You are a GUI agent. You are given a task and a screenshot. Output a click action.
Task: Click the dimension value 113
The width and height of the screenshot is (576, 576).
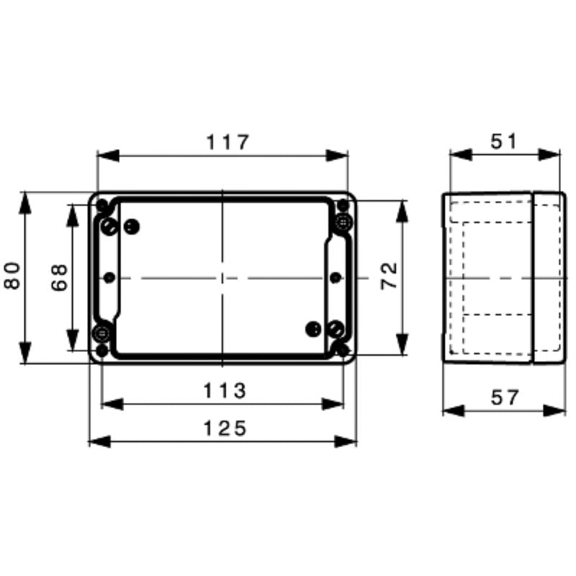tap(223, 391)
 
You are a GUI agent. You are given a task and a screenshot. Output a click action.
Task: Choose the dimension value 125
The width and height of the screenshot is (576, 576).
tap(223, 428)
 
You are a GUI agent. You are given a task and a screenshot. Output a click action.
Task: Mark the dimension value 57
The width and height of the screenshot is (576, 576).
tap(504, 397)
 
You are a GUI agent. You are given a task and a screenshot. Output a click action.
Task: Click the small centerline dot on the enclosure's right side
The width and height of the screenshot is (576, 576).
tap(334, 277)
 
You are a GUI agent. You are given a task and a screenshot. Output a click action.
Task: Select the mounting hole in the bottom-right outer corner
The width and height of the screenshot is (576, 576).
tap(343, 351)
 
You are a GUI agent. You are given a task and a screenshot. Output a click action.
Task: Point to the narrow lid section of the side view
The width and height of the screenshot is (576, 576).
tap(548, 277)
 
